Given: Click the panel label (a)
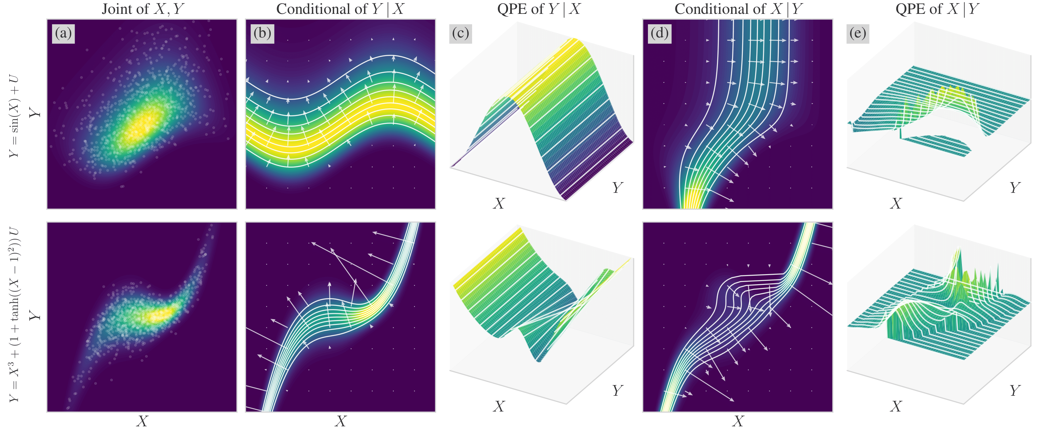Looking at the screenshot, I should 63,33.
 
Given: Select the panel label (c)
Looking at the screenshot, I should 460,33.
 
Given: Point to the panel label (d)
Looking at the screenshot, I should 659,33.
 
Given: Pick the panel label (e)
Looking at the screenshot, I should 858,33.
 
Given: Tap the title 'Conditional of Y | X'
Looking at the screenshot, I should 340,9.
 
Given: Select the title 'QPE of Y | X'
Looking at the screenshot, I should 539,9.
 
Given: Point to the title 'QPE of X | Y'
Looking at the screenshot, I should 937,9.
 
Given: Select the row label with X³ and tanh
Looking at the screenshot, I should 14,315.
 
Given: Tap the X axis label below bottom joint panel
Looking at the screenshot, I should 142,421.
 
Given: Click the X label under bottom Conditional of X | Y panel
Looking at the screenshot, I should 738,421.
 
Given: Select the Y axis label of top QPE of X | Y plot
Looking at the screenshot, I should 1014,188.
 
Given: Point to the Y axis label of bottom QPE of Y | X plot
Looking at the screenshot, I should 617,390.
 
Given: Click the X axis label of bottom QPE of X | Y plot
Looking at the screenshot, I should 896,406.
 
